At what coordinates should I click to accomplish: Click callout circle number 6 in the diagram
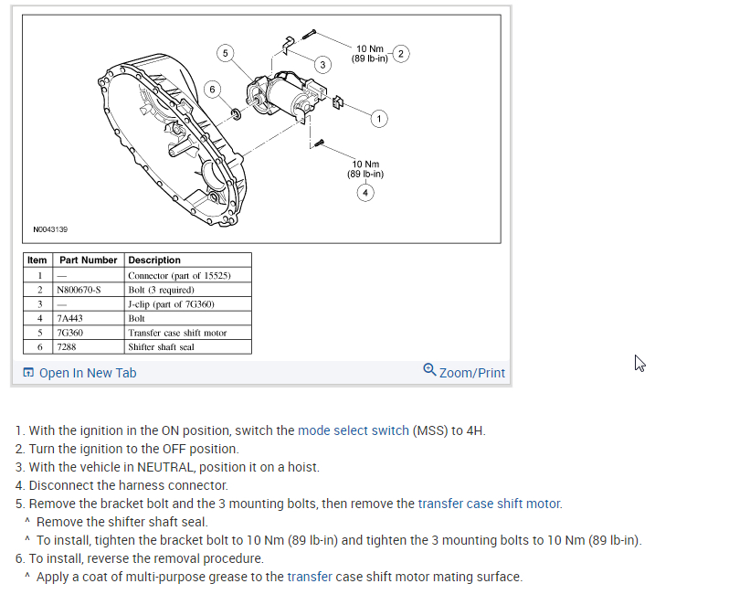tap(212, 89)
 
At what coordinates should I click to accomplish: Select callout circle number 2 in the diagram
tap(403, 53)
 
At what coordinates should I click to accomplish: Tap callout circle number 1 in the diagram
tap(379, 118)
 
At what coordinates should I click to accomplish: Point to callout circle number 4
tap(365, 192)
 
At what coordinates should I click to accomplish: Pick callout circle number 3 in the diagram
tap(322, 64)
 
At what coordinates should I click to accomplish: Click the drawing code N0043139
tap(50, 229)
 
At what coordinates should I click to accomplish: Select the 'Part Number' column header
tap(89, 260)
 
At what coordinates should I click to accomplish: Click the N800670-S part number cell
tap(80, 290)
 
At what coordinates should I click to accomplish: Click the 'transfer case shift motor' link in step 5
tap(489, 504)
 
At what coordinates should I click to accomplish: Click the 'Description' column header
tap(154, 260)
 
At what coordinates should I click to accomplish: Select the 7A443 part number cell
tap(70, 318)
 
